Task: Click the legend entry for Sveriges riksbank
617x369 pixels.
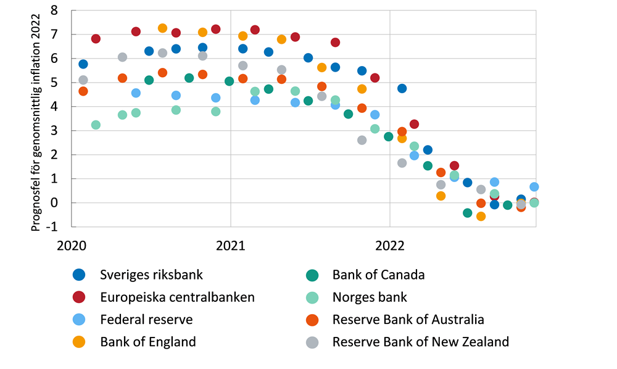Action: [x=151, y=275]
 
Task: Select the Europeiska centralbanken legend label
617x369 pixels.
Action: [x=177, y=297]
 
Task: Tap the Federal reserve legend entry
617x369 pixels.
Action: [x=146, y=319]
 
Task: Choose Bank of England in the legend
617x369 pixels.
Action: [x=147, y=341]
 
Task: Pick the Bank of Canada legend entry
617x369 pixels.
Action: [x=378, y=275]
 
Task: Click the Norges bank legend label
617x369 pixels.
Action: [x=370, y=297]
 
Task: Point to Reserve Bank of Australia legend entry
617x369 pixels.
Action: [x=408, y=319]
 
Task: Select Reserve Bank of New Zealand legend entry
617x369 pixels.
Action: [x=420, y=341]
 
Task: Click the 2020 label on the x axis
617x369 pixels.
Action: [x=72, y=245]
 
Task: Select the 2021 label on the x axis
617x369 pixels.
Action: [x=230, y=245]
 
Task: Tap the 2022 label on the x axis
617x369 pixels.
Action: [x=389, y=245]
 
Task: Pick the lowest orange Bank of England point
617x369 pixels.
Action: [x=481, y=216]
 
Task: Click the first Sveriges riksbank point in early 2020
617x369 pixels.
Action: [x=83, y=64]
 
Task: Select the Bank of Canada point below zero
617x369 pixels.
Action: [x=467, y=213]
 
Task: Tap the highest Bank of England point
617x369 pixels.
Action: [x=162, y=28]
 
